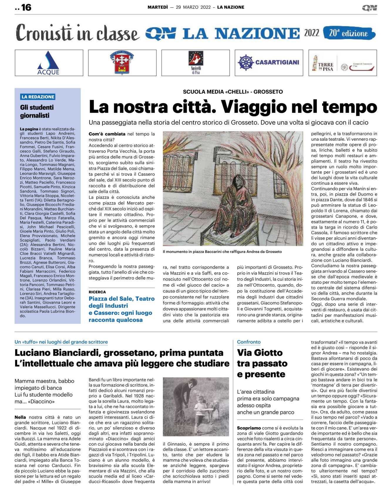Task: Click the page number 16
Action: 26,7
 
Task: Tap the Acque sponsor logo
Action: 49,63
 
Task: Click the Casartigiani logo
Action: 269,62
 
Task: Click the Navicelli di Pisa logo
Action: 196,62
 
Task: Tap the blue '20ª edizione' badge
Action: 349,33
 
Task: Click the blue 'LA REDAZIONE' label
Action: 38,97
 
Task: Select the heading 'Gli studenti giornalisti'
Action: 37,111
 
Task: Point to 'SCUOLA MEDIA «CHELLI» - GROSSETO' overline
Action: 233,92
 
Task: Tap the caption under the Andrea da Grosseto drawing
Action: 222,252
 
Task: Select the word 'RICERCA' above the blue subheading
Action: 97,292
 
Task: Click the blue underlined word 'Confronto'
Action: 249,342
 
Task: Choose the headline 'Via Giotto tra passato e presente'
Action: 262,363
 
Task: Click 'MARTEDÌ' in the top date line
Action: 158,7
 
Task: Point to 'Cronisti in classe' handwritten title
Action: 77,33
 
